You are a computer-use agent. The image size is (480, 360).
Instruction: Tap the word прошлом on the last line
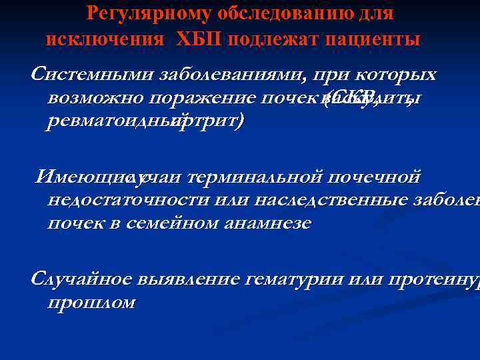[91, 303]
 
